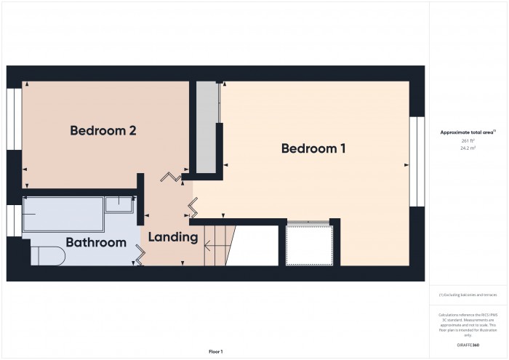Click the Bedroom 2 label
pyautogui.click(x=103, y=131)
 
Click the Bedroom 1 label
pyautogui.click(x=313, y=148)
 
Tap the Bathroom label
pyautogui.click(x=96, y=242)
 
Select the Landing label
pyautogui.click(x=173, y=237)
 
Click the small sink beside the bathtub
pyautogui.click(x=118, y=204)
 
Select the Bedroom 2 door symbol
pyautogui.click(x=173, y=177)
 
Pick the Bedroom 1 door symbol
pyautogui.click(x=193, y=209)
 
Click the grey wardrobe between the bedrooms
pyautogui.click(x=209, y=127)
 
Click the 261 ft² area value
pyautogui.click(x=467, y=140)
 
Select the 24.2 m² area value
pyautogui.click(x=467, y=148)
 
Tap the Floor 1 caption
pyautogui.click(x=216, y=351)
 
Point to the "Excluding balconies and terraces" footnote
pyautogui.click(x=468, y=295)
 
